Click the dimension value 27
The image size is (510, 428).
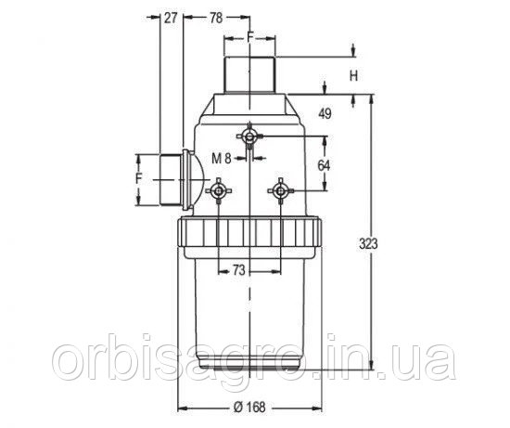pos(170,18)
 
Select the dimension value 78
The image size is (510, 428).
pos(216,18)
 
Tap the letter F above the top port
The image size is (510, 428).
pos(249,37)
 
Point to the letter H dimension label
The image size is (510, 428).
pos(353,76)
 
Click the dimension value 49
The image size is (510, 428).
pos(325,113)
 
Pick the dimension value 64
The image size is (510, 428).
pos(324,166)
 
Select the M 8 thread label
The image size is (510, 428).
pos(222,159)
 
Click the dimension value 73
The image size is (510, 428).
pos(238,270)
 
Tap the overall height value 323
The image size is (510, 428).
pos(368,243)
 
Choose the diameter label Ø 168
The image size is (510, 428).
pos(249,408)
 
